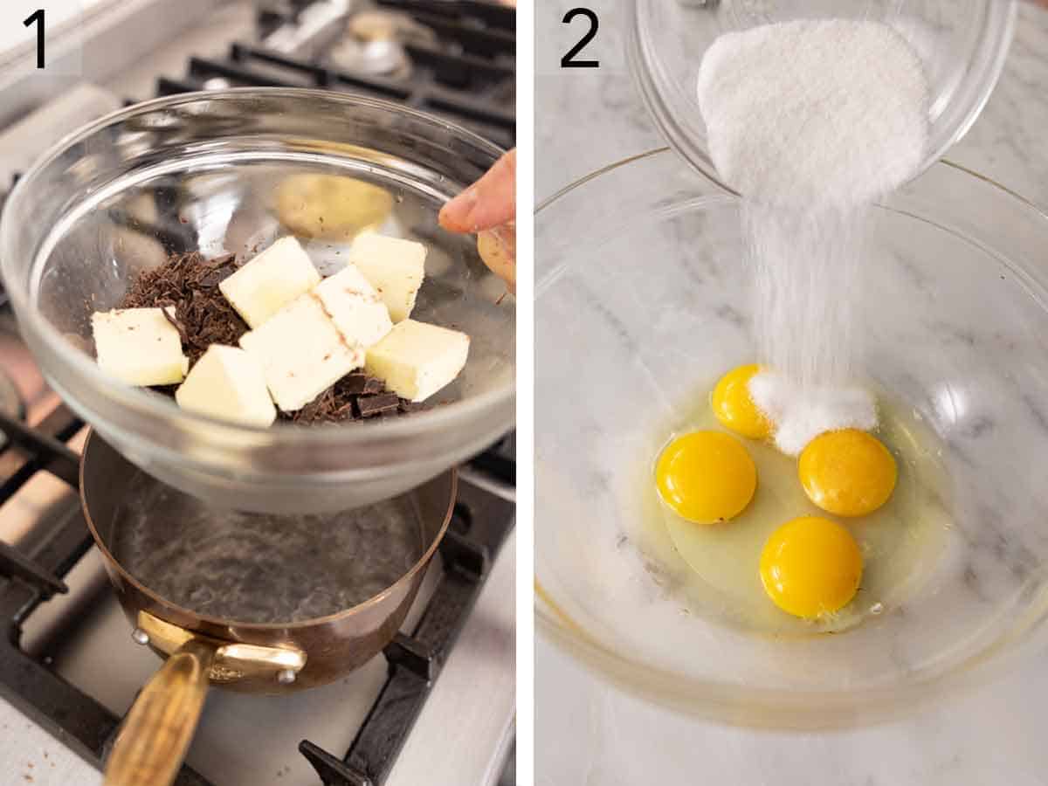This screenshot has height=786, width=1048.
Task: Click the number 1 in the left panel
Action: pos(35,38)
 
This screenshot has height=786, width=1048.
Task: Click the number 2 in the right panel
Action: pos(579,38)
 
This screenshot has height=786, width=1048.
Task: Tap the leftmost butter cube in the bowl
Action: pos(138,346)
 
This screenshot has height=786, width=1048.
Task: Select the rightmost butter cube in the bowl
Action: pos(417,358)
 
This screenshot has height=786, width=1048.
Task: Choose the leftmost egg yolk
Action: pos(706,475)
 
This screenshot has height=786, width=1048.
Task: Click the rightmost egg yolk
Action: pos(846,472)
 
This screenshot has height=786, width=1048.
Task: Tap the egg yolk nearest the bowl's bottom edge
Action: pos(810,566)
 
